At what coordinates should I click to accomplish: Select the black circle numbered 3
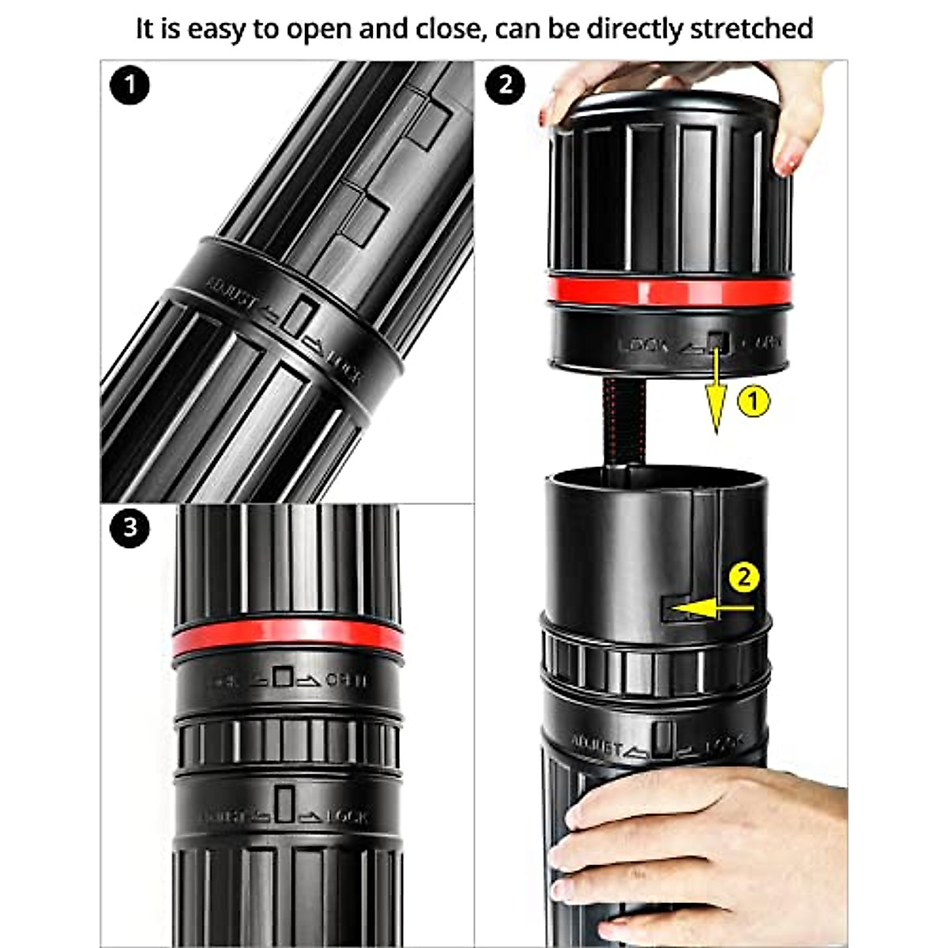pos(130,527)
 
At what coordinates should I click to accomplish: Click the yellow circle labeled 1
pos(753,401)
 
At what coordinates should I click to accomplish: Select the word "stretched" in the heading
pos(751,29)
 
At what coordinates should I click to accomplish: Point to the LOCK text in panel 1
pos(344,365)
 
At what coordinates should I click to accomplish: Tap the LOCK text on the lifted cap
pos(643,344)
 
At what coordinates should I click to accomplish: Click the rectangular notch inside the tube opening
pos(675,608)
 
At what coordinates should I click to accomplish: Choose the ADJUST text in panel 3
pos(229,815)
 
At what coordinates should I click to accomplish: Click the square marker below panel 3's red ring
pos(284,677)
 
